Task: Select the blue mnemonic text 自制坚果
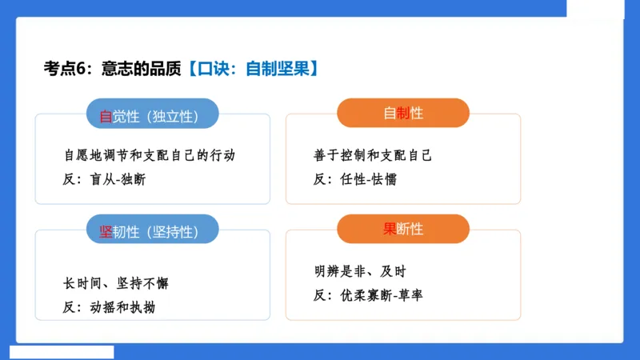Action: tap(274, 69)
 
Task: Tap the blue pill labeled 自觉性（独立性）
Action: tap(152, 115)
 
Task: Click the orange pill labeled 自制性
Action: tap(403, 114)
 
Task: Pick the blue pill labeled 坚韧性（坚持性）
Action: tap(152, 231)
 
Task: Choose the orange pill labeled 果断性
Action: tap(403, 229)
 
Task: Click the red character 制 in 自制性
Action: tap(403, 114)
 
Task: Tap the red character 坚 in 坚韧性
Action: tap(105, 232)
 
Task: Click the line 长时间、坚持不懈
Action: tap(116, 284)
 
